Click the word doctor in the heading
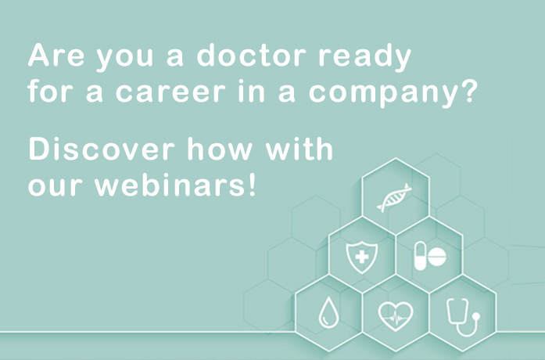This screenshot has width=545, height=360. [252, 55]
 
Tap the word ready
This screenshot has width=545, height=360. [365, 58]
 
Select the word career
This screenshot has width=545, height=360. [170, 92]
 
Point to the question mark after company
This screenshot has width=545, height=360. [467, 91]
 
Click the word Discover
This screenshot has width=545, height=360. [101, 149]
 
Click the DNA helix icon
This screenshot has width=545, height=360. [395, 197]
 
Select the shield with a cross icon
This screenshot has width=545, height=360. [362, 257]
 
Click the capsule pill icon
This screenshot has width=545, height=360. [420, 256]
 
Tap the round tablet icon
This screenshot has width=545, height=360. [437, 257]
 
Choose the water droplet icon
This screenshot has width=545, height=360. [328, 312]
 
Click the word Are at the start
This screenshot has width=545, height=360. [56, 55]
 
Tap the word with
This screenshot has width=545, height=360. [299, 149]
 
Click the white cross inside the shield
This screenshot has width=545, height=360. [362, 257]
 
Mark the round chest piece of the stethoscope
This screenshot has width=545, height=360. [476, 316]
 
